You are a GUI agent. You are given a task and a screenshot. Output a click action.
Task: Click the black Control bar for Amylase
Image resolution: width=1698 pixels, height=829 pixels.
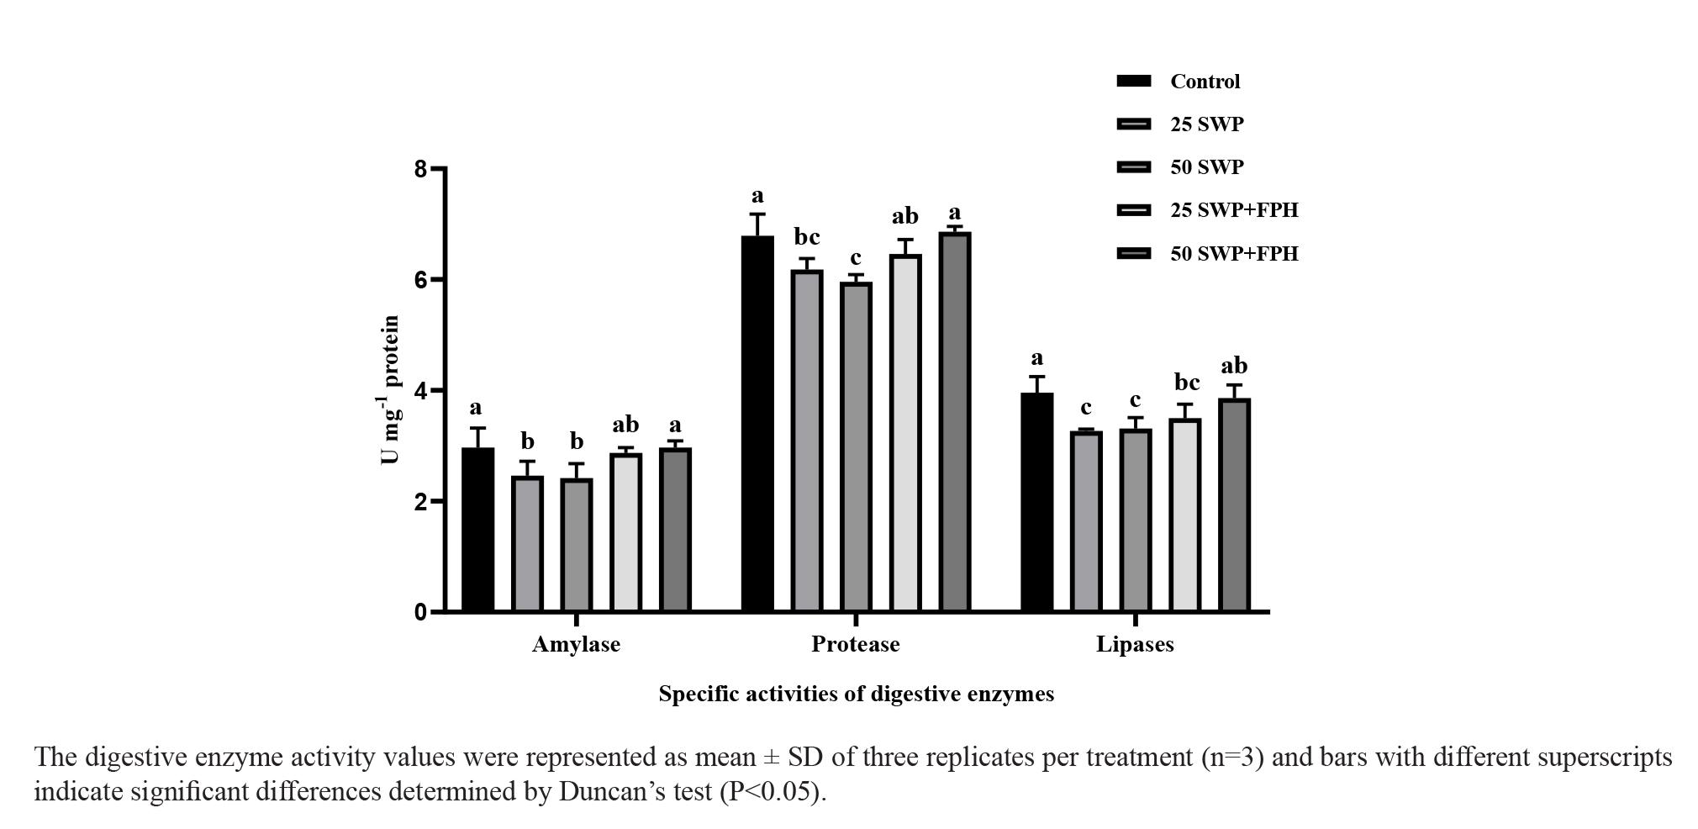(478, 530)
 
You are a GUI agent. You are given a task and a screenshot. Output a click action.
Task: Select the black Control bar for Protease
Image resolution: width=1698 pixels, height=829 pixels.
(757, 424)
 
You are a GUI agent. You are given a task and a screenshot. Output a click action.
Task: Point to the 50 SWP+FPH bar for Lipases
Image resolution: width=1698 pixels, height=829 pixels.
(1234, 505)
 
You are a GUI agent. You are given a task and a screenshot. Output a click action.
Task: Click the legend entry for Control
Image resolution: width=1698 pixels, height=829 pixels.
(1205, 82)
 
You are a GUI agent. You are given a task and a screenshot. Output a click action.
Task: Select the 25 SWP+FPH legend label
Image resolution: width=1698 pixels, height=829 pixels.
(1233, 210)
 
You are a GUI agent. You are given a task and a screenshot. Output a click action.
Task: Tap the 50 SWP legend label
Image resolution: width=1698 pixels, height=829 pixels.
(1206, 167)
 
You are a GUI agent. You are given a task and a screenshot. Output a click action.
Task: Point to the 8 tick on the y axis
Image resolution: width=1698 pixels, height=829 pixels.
(420, 169)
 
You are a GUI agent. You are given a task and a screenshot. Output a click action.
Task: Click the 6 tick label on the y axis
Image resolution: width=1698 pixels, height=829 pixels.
(420, 280)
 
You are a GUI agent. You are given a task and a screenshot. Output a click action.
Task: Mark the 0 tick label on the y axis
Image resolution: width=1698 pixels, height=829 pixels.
(420, 613)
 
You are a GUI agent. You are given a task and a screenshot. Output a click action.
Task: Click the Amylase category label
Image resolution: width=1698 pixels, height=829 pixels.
(576, 645)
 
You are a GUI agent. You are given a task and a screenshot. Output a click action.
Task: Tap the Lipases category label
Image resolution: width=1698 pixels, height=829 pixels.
(1135, 645)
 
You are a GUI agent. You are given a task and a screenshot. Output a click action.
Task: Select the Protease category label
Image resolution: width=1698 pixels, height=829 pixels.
(855, 645)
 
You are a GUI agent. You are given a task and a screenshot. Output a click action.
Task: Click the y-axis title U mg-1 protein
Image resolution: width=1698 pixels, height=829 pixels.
(389, 390)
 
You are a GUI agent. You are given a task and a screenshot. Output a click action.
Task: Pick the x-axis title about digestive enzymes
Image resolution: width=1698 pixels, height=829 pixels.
(856, 694)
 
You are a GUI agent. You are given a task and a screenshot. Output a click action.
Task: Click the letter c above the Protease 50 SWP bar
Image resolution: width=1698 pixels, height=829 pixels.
(856, 257)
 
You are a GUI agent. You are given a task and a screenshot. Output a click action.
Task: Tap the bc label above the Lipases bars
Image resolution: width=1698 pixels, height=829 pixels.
(1186, 383)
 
